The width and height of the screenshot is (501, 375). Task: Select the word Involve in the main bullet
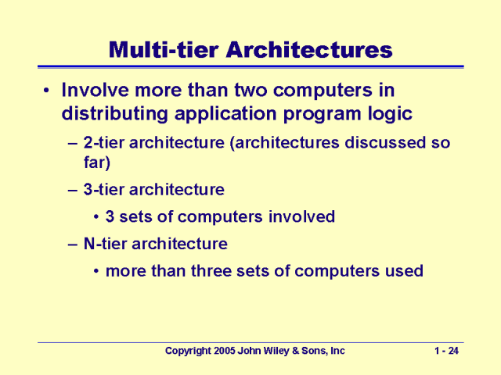click(95, 91)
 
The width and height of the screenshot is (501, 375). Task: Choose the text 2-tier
click(104, 145)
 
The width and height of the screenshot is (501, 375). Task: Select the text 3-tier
click(104, 189)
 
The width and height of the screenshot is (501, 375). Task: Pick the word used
click(403, 271)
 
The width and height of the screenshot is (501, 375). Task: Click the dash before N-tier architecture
click(72, 244)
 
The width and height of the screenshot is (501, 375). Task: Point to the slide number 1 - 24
click(446, 352)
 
